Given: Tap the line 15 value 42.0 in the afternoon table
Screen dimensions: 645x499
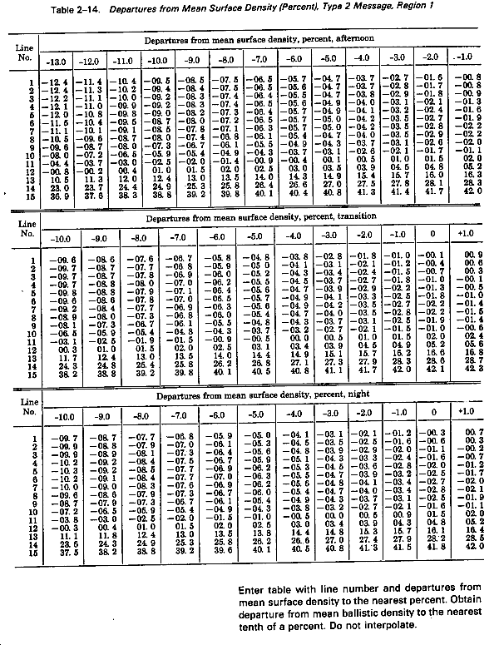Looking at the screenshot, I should (x=471, y=193).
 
